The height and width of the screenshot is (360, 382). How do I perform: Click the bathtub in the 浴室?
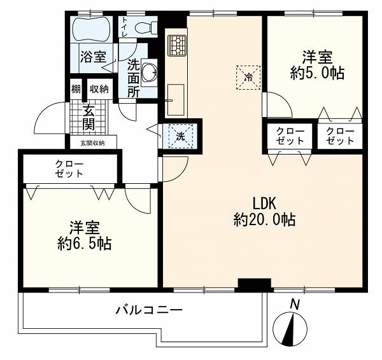tap(92, 29)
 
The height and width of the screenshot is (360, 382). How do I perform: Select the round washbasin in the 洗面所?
tap(148, 73)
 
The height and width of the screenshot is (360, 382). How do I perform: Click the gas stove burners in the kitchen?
tap(177, 45)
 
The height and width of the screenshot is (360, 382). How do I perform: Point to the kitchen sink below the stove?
tap(176, 100)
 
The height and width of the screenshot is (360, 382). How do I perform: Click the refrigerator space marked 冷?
tap(248, 78)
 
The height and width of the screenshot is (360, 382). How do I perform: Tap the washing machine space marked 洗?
tap(181, 136)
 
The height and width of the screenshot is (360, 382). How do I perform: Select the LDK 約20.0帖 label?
tap(264, 212)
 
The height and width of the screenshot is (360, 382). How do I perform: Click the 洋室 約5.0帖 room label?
tap(317, 65)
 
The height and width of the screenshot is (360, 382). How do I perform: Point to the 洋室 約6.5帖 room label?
tap(85, 235)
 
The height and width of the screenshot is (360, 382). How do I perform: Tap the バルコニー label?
tap(149, 310)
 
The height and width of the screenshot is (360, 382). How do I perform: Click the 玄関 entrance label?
tap(88, 118)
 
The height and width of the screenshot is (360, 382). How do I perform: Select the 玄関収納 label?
tap(92, 143)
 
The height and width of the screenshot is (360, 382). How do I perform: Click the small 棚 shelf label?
tap(76, 89)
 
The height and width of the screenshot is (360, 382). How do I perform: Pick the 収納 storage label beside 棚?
tap(99, 89)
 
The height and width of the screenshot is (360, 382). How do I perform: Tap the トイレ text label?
tap(125, 27)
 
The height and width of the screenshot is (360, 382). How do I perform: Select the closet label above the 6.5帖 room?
tap(69, 169)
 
